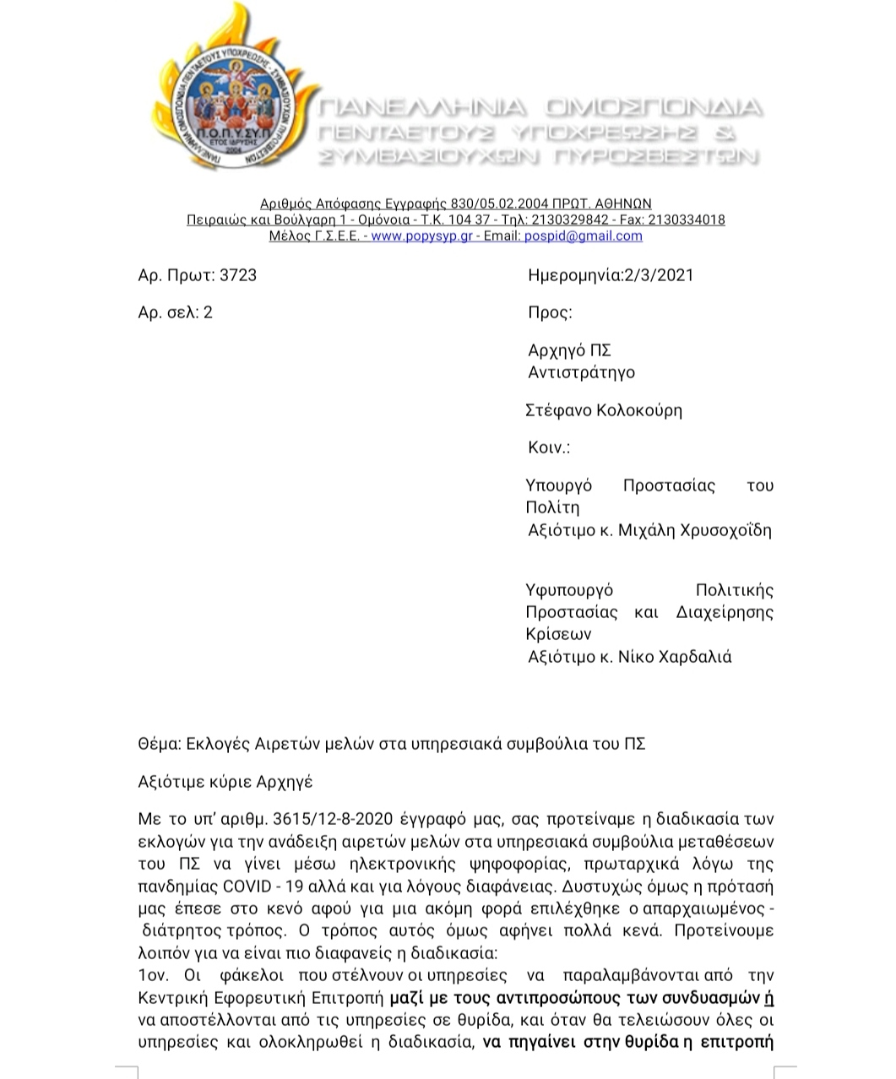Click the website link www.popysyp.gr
pos(421,236)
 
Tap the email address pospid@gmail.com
pos(583,236)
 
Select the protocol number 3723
pos(237,275)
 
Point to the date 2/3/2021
pos(659,275)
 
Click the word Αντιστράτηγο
pos(581,372)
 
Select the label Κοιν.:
pos(549,447)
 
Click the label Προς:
pos(550,312)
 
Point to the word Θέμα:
pos(160,744)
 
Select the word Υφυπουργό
pos(569,590)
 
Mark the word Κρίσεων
pos(558,634)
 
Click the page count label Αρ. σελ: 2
pos(176,312)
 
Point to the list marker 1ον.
pos(153,976)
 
